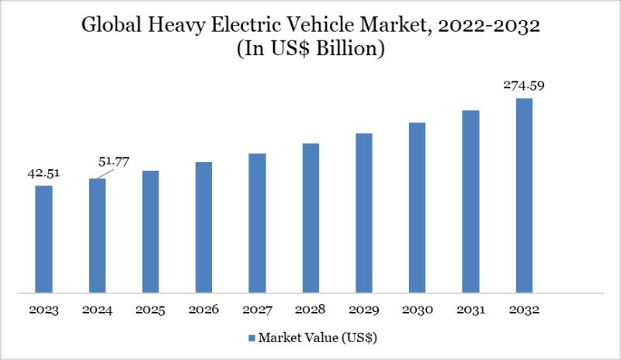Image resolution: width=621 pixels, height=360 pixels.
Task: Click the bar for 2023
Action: click(43, 239)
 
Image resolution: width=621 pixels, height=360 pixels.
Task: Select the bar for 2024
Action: click(97, 236)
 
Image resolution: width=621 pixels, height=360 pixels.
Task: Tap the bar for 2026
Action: click(204, 227)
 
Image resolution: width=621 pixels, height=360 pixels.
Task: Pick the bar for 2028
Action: click(310, 218)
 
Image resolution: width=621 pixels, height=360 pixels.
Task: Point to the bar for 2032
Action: click(525, 196)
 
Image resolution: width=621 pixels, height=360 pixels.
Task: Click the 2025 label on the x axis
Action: click(151, 310)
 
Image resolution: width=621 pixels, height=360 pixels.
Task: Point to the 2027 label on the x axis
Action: click(258, 310)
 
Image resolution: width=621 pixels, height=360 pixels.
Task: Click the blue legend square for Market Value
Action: click(252, 339)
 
